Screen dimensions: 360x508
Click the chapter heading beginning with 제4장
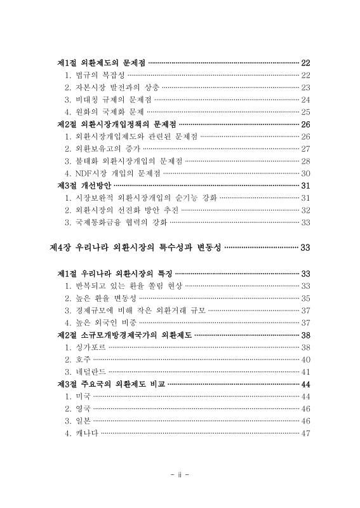coord(135,247)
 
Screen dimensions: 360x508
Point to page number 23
coord(305,87)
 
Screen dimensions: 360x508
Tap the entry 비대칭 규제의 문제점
coord(112,99)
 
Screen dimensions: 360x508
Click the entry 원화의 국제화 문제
coord(108,111)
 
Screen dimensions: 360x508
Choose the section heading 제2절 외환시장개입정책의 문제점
coord(117,124)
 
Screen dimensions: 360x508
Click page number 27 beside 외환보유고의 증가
coord(305,148)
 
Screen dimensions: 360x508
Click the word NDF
coord(84,172)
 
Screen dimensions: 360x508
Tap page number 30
coord(305,172)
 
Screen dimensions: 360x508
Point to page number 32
coord(305,210)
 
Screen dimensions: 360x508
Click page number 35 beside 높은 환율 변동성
coord(305,298)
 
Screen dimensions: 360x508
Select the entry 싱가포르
coord(90,347)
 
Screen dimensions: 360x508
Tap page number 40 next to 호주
coord(305,359)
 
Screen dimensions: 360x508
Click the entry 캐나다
coord(86,433)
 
